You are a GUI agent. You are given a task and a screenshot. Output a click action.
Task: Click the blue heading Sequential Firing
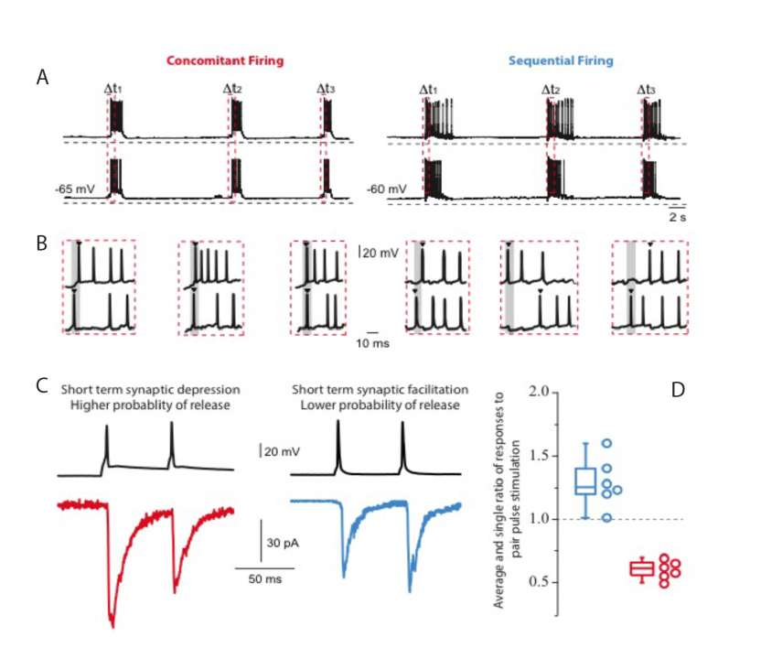pyautogui.click(x=560, y=61)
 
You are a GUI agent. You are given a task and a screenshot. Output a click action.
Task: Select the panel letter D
pyautogui.click(x=678, y=389)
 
